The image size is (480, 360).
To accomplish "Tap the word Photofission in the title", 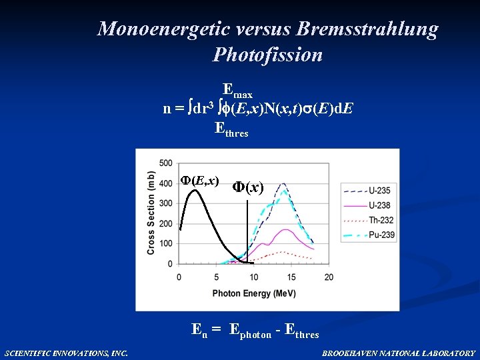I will [267, 55].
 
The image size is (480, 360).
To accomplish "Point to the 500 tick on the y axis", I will [166, 163].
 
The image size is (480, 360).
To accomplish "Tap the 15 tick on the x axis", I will [291, 277].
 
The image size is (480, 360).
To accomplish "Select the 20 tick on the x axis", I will [329, 277].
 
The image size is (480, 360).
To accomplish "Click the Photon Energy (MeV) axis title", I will [254, 291].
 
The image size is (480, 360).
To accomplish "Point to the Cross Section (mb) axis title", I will [151, 213].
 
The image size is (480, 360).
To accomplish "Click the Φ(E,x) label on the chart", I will [199, 181].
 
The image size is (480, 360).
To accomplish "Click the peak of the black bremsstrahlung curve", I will [195, 191].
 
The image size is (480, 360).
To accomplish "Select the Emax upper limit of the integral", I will [237, 89].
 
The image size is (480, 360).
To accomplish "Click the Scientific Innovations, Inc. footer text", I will [66, 353].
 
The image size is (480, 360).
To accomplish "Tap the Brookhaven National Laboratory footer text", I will [399, 353].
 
